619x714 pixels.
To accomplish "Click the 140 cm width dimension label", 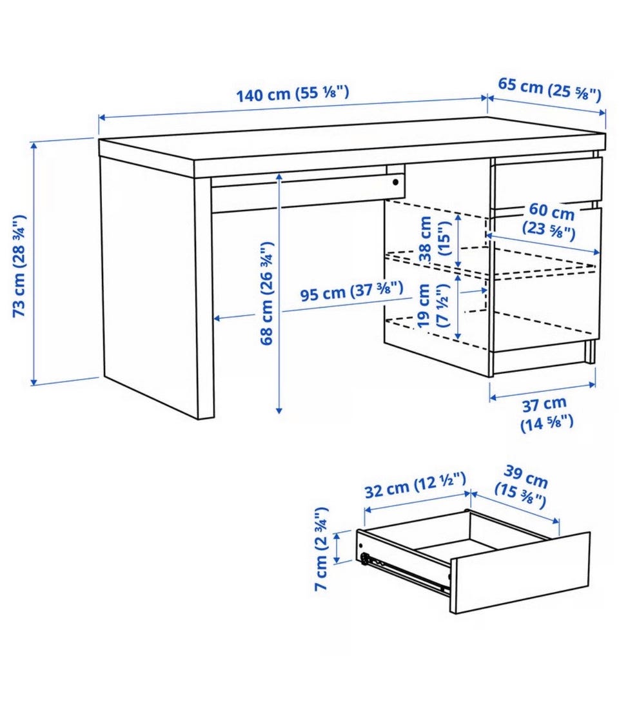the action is tap(293, 94).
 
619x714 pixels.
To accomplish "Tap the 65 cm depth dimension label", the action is tap(549, 89).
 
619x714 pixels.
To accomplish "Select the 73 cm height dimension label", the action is tap(19, 265).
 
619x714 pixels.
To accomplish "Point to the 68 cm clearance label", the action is tap(267, 293).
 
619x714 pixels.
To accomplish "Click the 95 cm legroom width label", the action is tap(351, 291).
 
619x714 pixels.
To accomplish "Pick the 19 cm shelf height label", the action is tap(433, 305).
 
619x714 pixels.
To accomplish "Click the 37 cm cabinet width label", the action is tap(545, 413).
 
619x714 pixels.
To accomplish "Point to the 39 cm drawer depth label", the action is tap(522, 487).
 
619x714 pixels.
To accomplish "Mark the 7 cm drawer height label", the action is tap(322, 549).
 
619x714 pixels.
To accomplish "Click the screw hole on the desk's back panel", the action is tap(396, 182).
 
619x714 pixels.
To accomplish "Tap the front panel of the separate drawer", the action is tap(520, 573).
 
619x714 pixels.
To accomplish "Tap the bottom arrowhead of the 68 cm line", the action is tap(279, 410).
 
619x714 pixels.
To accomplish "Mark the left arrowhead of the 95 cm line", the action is tap(217, 318).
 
